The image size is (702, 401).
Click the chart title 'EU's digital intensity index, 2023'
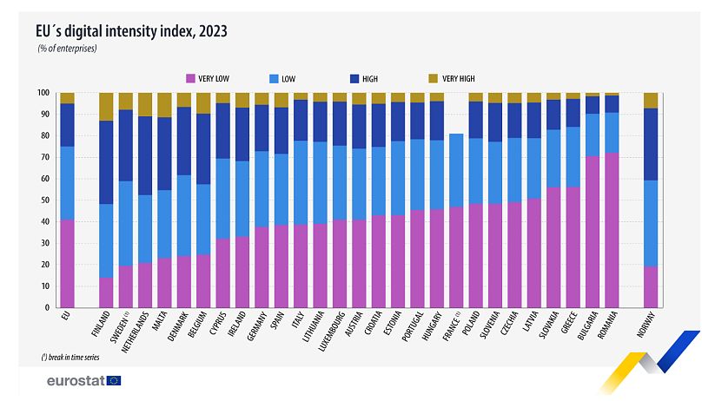coord(132,31)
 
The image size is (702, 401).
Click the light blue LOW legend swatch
coord(275,78)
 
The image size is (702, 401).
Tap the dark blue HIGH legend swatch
coord(355,78)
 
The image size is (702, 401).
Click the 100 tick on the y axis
coord(41,93)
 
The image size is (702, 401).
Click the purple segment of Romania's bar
coord(612,230)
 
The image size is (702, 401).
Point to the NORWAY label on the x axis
coord(649,327)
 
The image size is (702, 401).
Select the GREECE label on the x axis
coord(573,325)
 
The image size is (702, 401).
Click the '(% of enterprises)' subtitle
coord(67,49)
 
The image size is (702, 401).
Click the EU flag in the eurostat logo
coord(114,380)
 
